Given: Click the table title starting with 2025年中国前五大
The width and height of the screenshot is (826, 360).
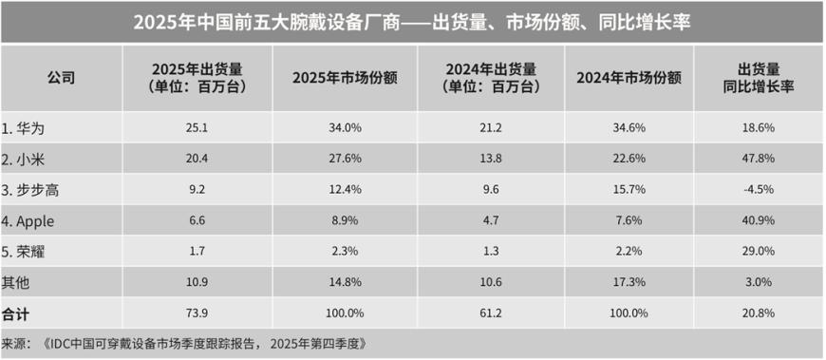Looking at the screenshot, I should point(412,21).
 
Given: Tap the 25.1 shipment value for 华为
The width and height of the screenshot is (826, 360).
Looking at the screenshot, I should point(197,125).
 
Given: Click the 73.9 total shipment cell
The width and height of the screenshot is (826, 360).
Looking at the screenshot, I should point(197,313).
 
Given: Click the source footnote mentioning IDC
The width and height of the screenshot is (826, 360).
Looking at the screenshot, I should point(185,342).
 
